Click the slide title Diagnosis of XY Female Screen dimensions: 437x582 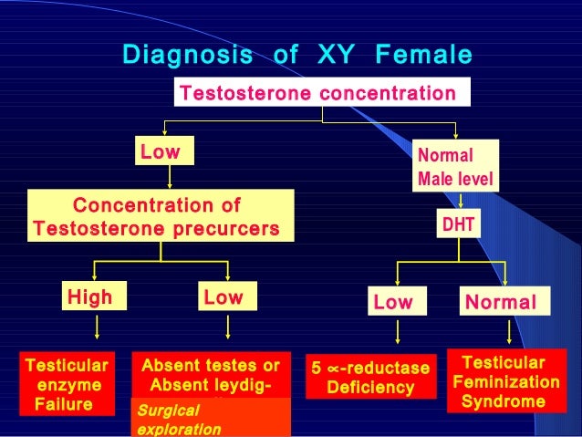[297, 56]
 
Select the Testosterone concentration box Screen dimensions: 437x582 [317, 93]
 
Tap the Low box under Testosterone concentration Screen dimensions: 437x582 [160, 151]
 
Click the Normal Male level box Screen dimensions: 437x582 [455, 165]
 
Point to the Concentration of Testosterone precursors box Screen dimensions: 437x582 [156, 215]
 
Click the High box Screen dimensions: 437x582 [89, 297]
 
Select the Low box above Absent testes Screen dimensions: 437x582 [223, 297]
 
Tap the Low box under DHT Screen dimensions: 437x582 [392, 302]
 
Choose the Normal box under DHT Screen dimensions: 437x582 [501, 302]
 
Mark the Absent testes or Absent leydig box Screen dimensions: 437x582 [211, 375]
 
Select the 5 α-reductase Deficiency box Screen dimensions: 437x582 [370, 378]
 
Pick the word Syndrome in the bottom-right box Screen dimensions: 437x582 [504, 401]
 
